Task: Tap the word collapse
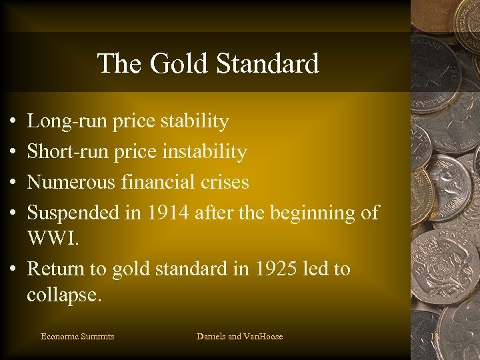(x=64, y=295)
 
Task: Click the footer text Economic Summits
(x=77, y=337)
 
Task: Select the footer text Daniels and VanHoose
(x=239, y=337)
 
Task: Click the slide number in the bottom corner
(x=436, y=337)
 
